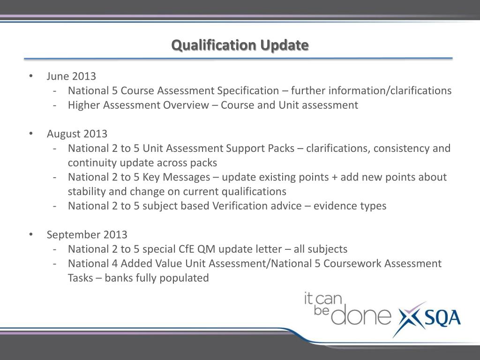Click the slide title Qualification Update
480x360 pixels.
click(x=240, y=45)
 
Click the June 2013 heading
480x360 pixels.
click(x=71, y=76)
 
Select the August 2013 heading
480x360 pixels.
click(x=77, y=134)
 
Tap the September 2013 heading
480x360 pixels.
click(x=87, y=235)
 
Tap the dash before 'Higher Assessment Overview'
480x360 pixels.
click(x=55, y=105)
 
